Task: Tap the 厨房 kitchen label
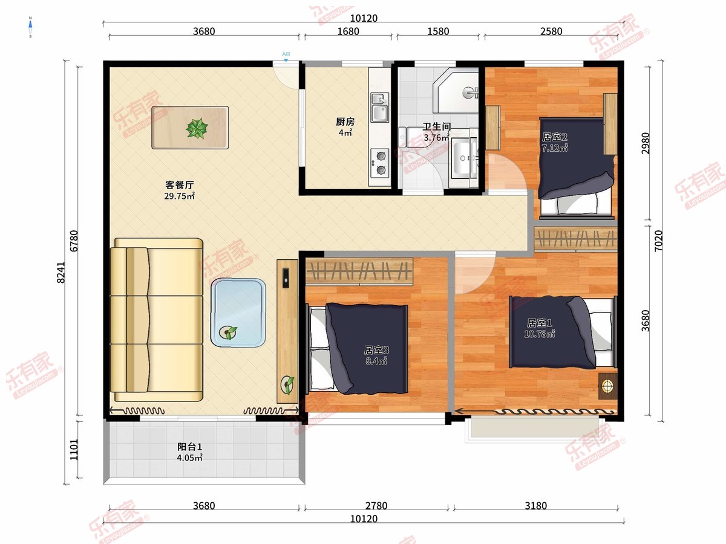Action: tap(345, 122)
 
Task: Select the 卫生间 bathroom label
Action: tap(437, 126)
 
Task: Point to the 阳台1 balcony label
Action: tap(189, 447)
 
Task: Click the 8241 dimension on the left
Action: tap(61, 273)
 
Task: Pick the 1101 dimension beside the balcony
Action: tap(74, 450)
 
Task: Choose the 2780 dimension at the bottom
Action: tap(376, 506)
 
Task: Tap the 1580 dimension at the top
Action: tap(438, 31)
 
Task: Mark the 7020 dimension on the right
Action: tap(658, 241)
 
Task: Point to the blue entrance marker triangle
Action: tap(286, 60)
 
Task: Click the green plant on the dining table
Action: tap(197, 128)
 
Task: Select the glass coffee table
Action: tap(238, 312)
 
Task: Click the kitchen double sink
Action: tap(380, 108)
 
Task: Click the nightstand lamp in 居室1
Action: tap(607, 386)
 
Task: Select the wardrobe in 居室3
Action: tap(359, 271)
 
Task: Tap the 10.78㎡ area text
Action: tap(540, 334)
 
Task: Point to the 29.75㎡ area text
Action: tap(179, 196)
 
